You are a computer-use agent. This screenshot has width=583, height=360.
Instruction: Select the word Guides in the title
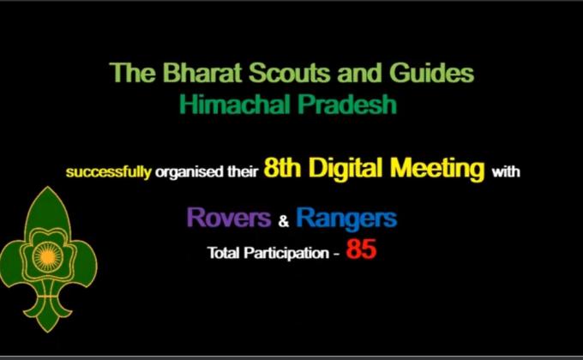[x=428, y=74]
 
